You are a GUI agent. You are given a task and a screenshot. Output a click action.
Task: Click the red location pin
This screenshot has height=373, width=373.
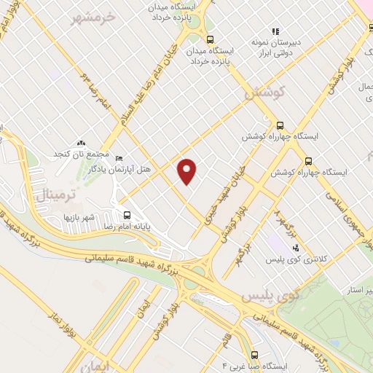(187, 170)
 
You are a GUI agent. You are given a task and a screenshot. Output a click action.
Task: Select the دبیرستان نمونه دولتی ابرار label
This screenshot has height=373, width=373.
(275, 47)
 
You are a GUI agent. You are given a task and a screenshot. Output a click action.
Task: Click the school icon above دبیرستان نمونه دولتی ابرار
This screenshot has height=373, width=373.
(275, 31)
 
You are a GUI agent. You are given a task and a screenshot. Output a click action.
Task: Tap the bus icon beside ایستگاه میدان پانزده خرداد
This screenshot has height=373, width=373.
(210, 39)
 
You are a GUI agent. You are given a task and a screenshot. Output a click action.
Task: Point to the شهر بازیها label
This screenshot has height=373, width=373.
(79, 217)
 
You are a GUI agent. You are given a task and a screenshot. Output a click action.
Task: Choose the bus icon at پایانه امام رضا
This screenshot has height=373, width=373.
(127, 215)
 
